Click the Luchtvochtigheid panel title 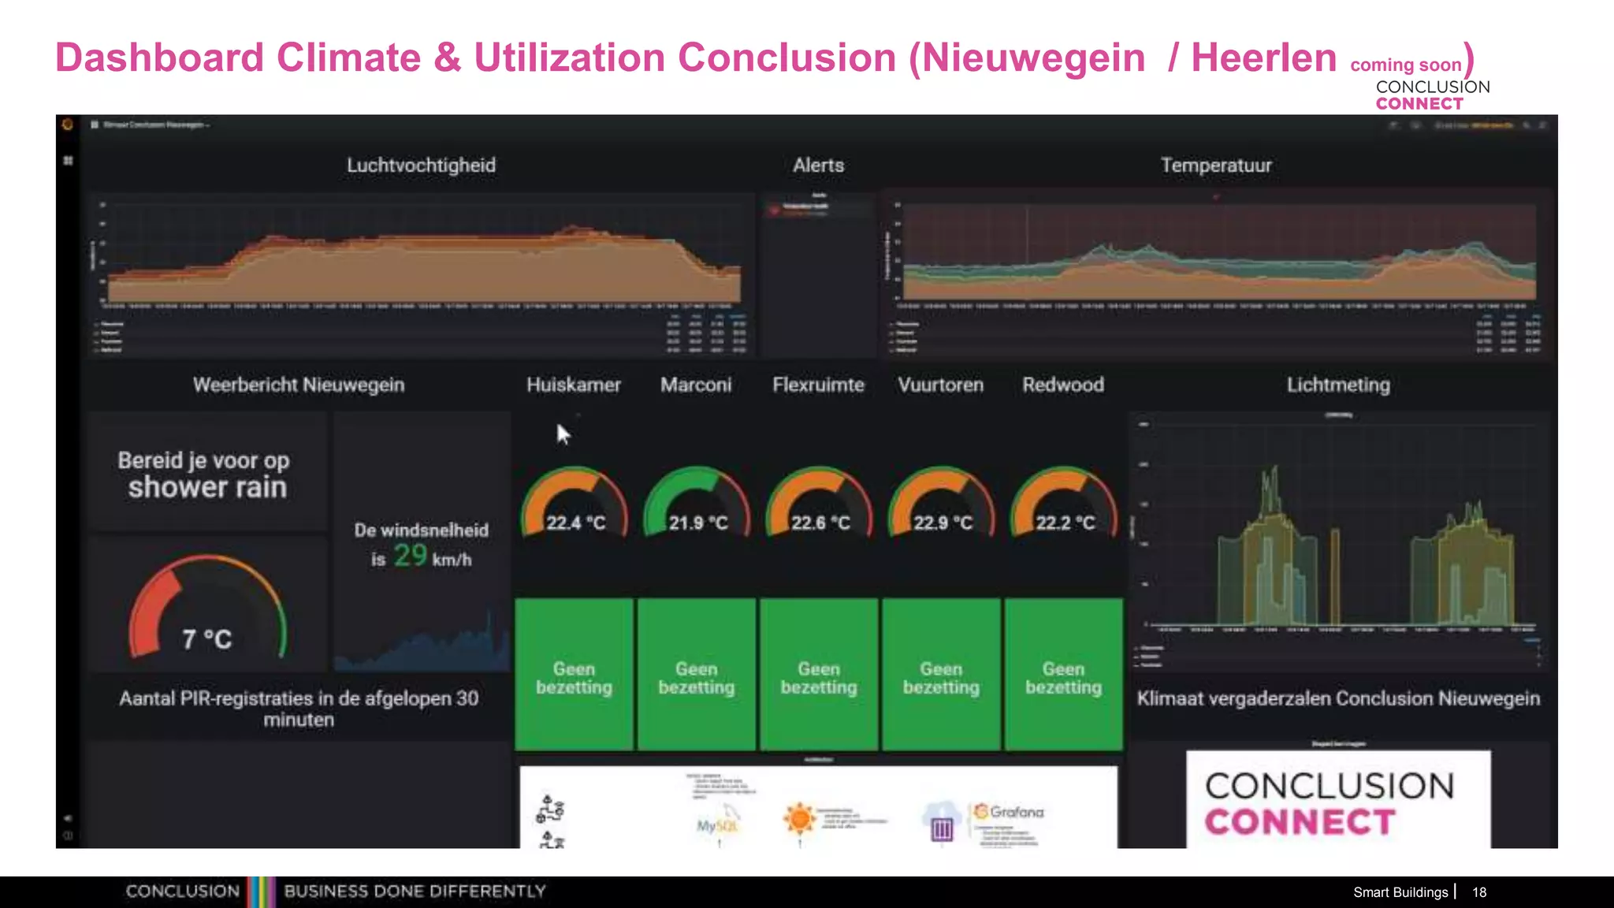pyautogui.click(x=422, y=166)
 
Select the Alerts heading pyautogui.click(x=818, y=166)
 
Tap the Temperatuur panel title pyautogui.click(x=1216, y=166)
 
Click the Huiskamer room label pyautogui.click(x=574, y=385)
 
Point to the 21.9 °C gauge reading pyautogui.click(x=698, y=523)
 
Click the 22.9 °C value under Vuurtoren pyautogui.click(x=943, y=523)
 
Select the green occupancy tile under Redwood pyautogui.click(x=1064, y=675)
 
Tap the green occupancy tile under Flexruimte pyautogui.click(x=819, y=675)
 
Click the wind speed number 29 pyautogui.click(x=411, y=556)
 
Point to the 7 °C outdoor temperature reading pyautogui.click(x=207, y=638)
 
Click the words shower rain pyautogui.click(x=207, y=487)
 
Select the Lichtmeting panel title pyautogui.click(x=1338, y=385)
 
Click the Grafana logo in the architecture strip pyautogui.click(x=1010, y=812)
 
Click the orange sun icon pyautogui.click(x=799, y=818)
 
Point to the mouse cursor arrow pyautogui.click(x=563, y=434)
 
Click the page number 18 pyautogui.click(x=1479, y=892)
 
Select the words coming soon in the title pyautogui.click(x=1406, y=65)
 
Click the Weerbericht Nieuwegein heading pyautogui.click(x=299, y=385)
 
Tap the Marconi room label pyautogui.click(x=696, y=385)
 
